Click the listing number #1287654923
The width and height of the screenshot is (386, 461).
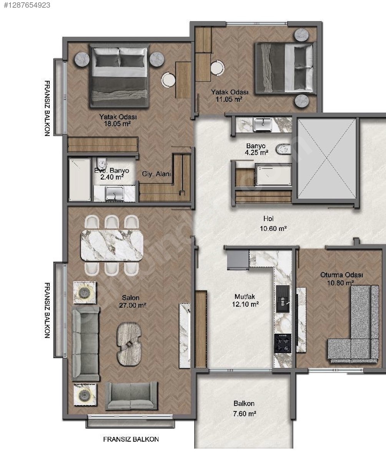[x=27, y=5]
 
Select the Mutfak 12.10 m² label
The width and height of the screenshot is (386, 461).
[x=245, y=300]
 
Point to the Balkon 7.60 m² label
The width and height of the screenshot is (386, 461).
[x=245, y=408]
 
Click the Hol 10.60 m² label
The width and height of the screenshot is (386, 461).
[x=273, y=224]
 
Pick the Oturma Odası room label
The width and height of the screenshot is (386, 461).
[x=341, y=275]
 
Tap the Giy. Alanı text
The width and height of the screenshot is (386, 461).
[x=156, y=174]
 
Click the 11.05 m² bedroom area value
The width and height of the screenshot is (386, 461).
[x=229, y=99]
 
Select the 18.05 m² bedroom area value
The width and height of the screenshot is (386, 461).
[x=117, y=124]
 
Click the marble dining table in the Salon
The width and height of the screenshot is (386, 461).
[x=112, y=245]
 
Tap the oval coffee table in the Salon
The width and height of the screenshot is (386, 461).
[x=129, y=344]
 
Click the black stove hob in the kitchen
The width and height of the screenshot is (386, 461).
[x=283, y=343]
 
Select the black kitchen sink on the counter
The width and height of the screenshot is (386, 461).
[x=283, y=299]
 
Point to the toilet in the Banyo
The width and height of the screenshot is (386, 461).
[x=283, y=149]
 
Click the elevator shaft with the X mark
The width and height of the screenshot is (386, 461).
[x=326, y=158]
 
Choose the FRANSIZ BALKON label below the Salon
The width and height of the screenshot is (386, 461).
[x=131, y=439]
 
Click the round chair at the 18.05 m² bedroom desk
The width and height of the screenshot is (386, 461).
[x=168, y=80]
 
